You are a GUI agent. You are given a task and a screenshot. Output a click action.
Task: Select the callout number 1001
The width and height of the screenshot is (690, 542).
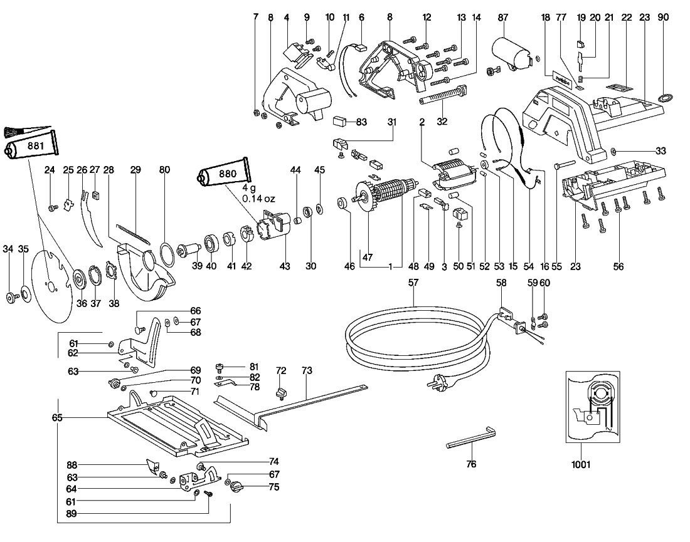point(580,464)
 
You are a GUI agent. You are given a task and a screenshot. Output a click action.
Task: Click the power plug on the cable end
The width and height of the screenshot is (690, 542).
point(435,380)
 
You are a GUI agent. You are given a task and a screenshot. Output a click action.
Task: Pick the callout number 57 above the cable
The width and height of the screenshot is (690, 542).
point(413,282)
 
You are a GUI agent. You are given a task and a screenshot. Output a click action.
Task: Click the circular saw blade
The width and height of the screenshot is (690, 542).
point(52,286)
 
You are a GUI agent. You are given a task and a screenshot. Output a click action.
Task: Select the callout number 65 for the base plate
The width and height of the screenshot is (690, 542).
point(57,417)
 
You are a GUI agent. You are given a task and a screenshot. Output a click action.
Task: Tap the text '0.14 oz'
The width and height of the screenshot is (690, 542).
point(258,199)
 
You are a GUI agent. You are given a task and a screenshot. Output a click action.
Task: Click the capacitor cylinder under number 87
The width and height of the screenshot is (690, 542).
point(512,52)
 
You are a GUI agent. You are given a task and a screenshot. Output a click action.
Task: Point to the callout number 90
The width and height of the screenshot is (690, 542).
point(663,17)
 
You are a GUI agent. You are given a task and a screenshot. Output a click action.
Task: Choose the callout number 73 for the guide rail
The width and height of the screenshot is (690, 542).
point(307,370)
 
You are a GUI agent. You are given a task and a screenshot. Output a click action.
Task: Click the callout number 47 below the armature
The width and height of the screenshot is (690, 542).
point(368,257)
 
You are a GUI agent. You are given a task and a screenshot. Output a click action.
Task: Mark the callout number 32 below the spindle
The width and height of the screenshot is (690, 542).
point(442,122)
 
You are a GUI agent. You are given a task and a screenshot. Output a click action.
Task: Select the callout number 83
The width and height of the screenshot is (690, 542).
point(361,122)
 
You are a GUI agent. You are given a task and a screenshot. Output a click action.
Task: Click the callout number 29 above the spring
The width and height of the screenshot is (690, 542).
point(135,170)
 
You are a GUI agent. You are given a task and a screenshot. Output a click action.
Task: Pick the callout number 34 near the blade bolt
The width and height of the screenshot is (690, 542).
point(8,249)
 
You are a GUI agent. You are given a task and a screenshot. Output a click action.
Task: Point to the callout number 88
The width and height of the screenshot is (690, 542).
point(72,465)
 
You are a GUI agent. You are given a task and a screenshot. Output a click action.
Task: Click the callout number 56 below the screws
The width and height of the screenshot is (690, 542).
point(618,266)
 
